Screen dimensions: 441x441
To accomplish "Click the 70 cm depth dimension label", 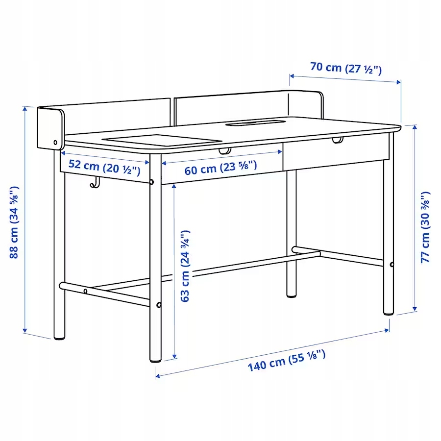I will click(345, 68).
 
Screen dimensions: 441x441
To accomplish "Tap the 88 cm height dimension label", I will click(14, 222).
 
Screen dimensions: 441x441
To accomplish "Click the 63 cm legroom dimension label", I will click(185, 266).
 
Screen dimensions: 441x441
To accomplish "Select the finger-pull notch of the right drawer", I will click(337, 141).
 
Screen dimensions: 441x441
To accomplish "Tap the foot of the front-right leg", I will click(388, 311).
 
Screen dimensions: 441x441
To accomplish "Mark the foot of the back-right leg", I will click(292, 294).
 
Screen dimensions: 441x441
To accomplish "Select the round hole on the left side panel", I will click(56, 144).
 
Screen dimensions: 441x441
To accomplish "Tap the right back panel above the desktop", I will click(245, 104).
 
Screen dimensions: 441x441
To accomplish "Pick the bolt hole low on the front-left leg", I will click(159, 305).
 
